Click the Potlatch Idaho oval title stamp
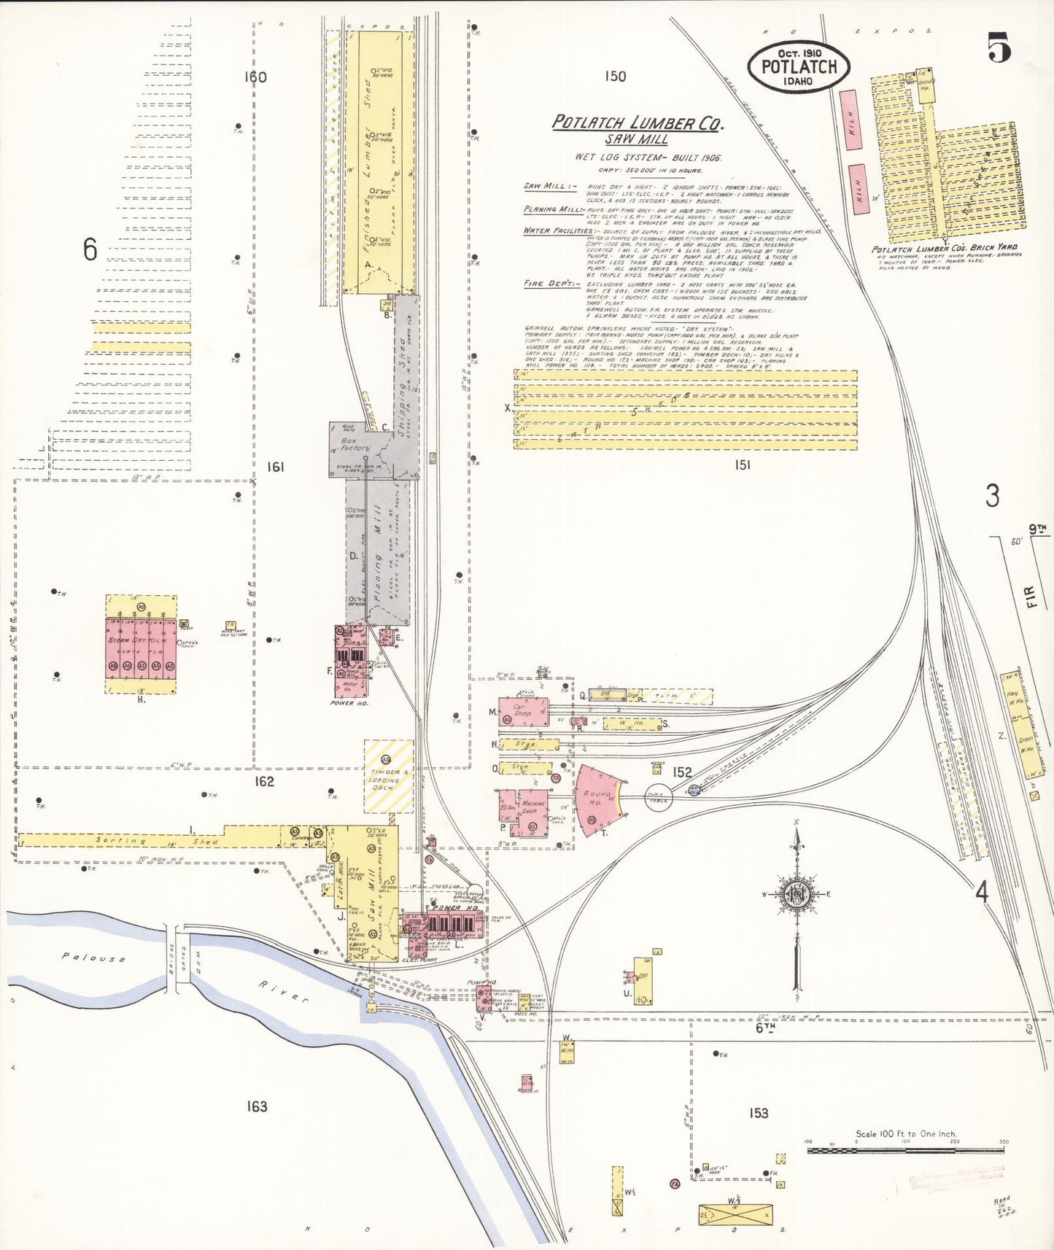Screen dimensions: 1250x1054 point(798,66)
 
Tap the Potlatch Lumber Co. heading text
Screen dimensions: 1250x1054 point(637,123)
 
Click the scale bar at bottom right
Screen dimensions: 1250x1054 point(905,1150)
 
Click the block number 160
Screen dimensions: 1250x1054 point(256,77)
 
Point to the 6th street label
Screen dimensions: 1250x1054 point(764,1028)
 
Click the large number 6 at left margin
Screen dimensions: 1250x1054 point(90,250)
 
